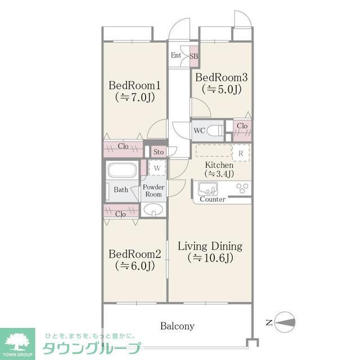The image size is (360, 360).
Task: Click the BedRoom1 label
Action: (x=135, y=85)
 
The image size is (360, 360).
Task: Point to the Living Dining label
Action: (x=210, y=246)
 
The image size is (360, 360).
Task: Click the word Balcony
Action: (x=177, y=326)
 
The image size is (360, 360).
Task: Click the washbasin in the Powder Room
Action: (x=152, y=210)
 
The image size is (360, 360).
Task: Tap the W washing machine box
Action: (x=157, y=168)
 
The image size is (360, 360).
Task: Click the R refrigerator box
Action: (x=240, y=152)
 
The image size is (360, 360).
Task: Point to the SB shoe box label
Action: (x=193, y=56)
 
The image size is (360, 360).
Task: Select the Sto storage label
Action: (x=159, y=152)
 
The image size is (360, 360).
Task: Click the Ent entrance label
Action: (x=177, y=56)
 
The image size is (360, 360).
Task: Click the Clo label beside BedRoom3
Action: (x=242, y=125)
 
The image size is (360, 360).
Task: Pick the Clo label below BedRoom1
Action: (x=123, y=146)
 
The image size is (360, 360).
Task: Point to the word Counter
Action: (x=213, y=200)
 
